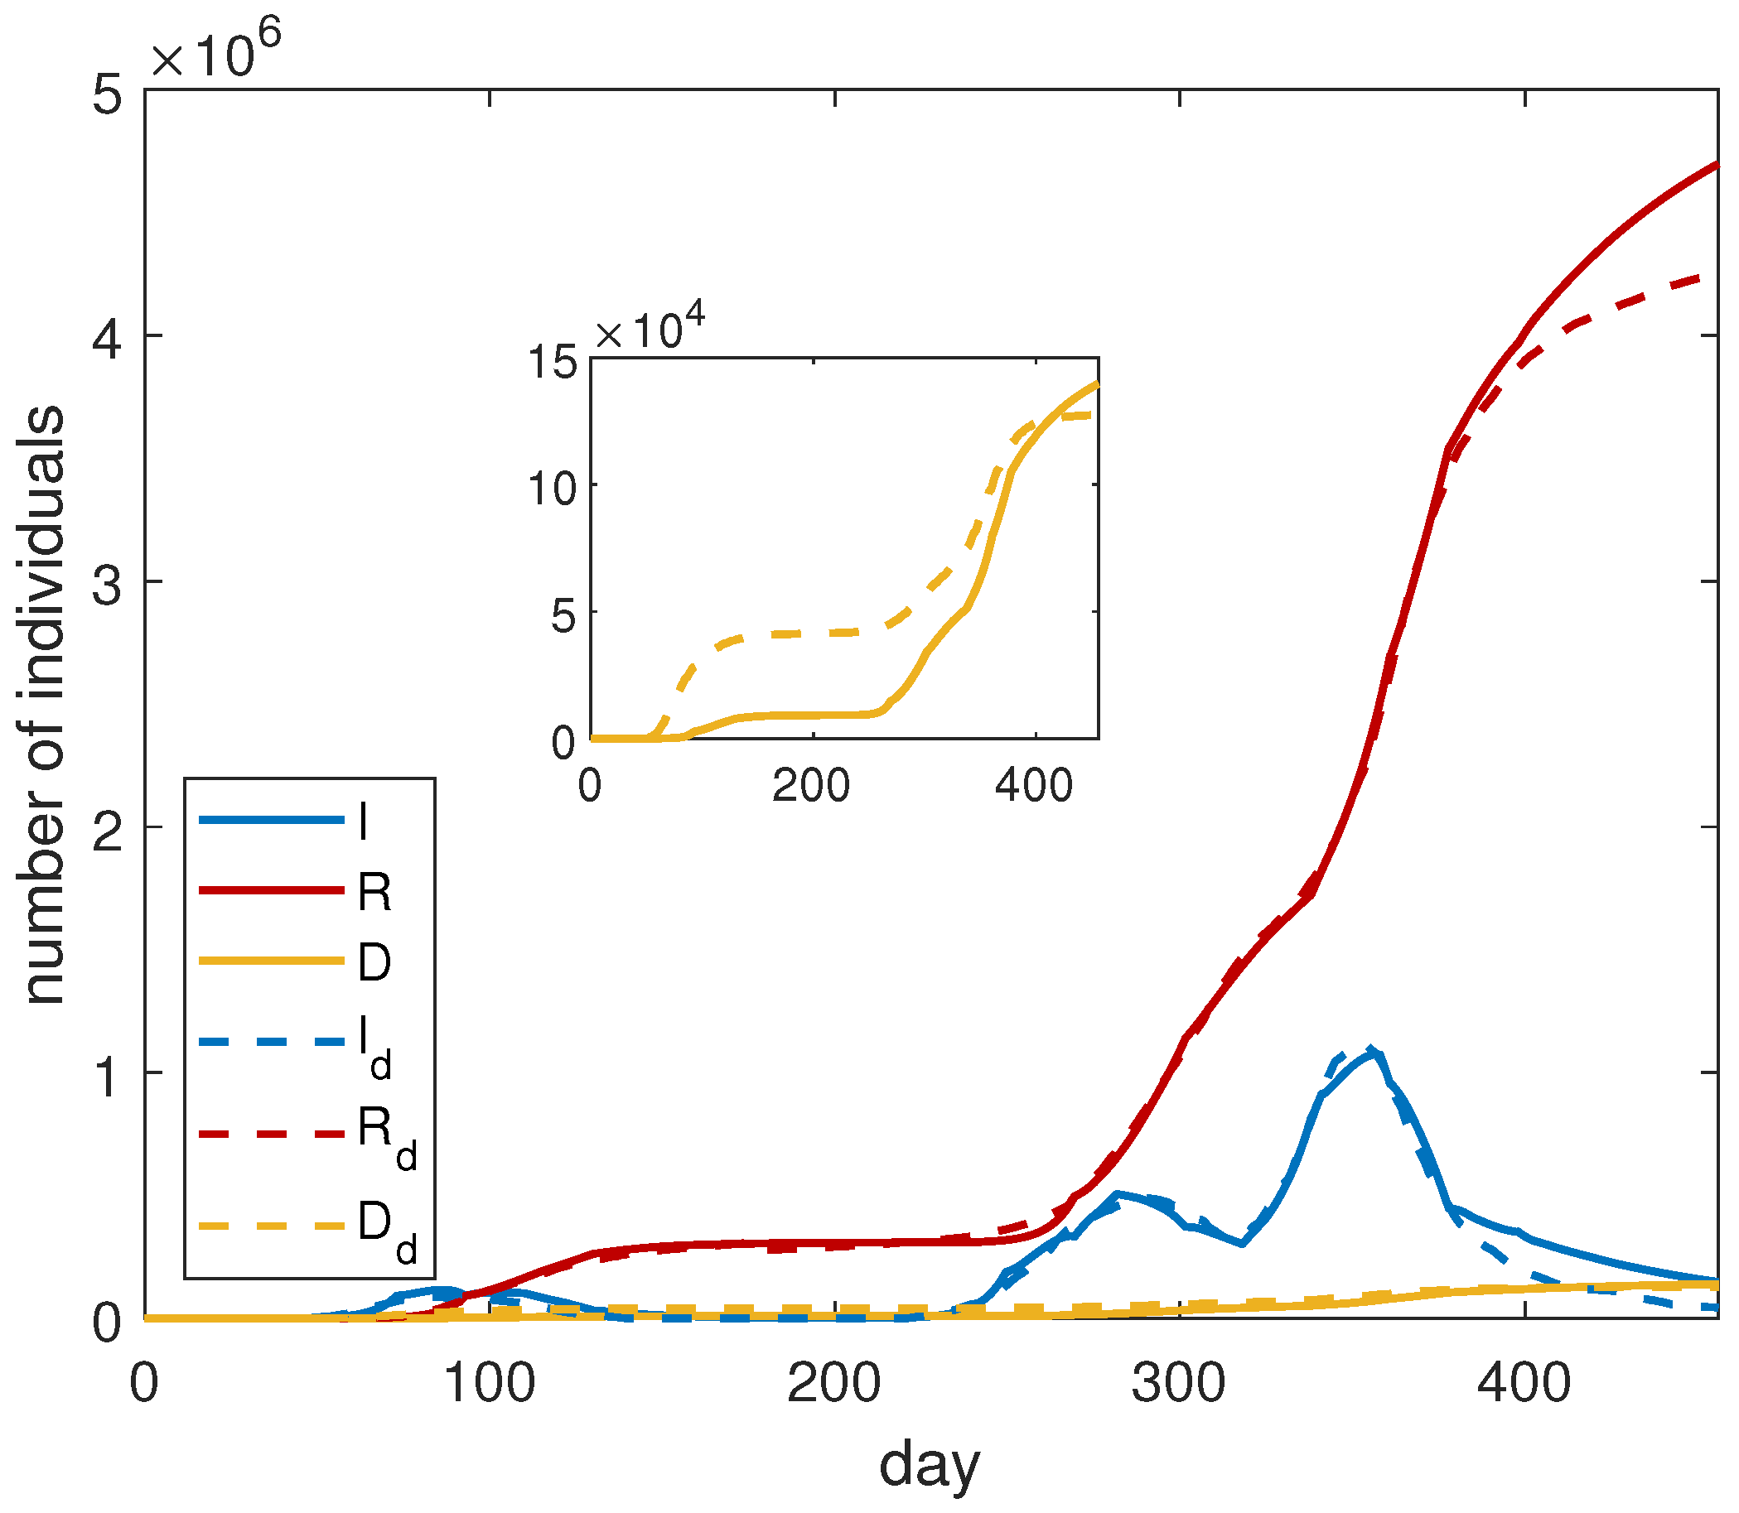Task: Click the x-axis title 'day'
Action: [929, 1465]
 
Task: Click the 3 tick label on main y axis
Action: [107, 583]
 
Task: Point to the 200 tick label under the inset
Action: [811, 786]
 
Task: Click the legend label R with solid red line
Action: [374, 893]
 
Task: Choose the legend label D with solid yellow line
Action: [374, 962]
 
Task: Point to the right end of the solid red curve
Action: [1717, 164]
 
